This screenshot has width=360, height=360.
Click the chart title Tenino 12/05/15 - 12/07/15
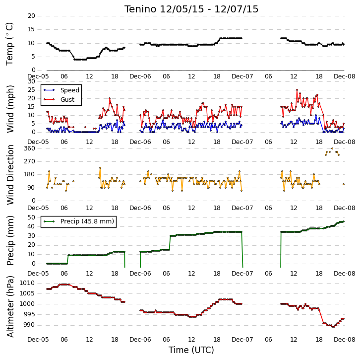tap(191, 9)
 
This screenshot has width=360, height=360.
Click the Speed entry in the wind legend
tap(70, 90)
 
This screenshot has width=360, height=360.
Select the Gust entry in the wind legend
tap(67, 99)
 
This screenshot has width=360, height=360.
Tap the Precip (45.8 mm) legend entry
tap(87, 221)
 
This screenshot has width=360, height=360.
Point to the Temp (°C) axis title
tap(9, 44)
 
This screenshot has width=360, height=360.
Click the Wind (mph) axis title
tap(10, 109)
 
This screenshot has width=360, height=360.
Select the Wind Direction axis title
tap(10, 175)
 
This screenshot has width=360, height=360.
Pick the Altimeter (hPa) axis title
tap(10, 307)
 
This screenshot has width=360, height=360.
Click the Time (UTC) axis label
tap(191, 350)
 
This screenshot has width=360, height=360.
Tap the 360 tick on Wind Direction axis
tap(30, 148)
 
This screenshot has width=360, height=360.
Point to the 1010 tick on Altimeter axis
tap(27, 283)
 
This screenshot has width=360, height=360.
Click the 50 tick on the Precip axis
tap(31, 217)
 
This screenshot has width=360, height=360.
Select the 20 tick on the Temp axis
tap(31, 16)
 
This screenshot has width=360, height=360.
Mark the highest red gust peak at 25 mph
tap(297, 90)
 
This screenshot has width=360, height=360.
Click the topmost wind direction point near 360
tap(332, 148)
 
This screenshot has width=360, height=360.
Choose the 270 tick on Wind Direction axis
tap(30, 161)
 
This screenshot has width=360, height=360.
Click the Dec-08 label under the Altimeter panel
tap(345, 340)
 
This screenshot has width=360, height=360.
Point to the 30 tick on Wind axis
tap(31, 81)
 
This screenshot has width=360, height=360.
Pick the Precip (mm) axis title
tap(10, 240)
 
